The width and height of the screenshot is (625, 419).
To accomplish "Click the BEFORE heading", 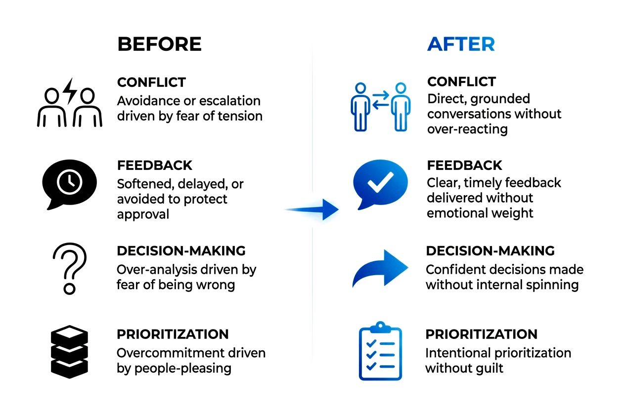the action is click(159, 44).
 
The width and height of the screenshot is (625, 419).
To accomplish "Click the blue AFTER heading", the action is click(461, 44).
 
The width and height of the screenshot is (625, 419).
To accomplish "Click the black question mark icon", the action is click(70, 267).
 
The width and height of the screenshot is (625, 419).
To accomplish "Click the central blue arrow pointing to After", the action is click(316, 209).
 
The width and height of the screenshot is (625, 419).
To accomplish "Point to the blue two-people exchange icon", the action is click(380, 106).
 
